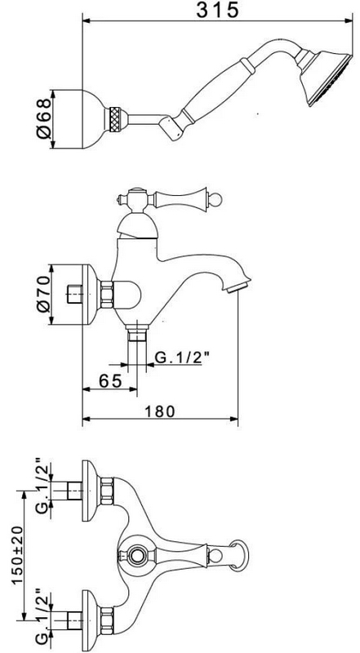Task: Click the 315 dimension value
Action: (217, 10)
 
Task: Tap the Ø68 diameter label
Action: (43, 118)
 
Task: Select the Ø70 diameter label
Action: (44, 294)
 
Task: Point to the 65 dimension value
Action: (110, 380)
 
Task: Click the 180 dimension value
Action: (161, 411)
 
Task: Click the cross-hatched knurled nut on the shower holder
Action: (115, 118)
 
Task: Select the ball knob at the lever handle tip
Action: (216, 198)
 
